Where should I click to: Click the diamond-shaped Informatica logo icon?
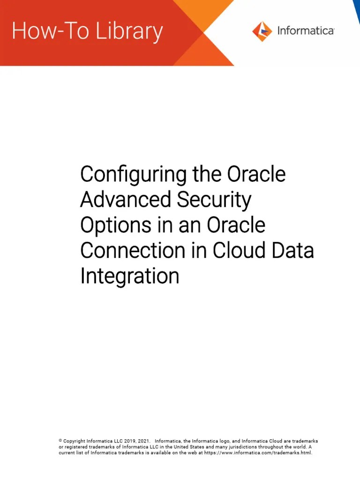262,31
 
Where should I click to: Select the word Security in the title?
214,200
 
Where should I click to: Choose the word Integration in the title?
129,276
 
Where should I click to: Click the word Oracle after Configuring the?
256,175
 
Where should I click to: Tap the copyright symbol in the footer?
60,441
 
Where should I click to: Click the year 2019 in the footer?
131,441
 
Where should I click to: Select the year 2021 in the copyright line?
144,441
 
